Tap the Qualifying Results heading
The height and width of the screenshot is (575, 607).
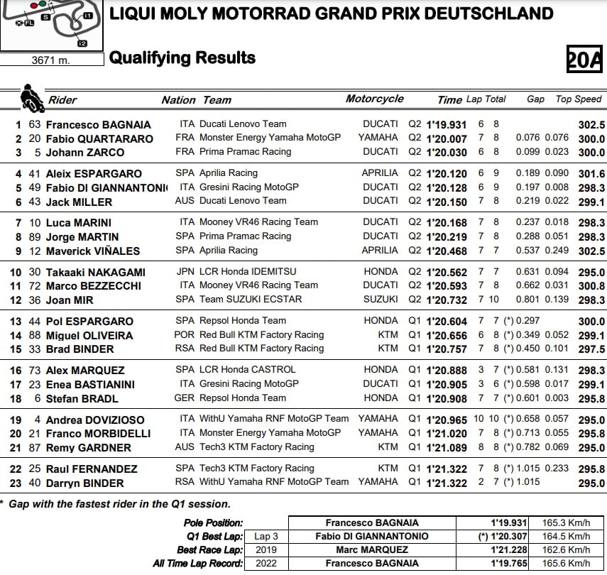tap(182, 58)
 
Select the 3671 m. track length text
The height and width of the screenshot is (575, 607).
tap(51, 60)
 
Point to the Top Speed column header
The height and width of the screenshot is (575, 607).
tap(579, 99)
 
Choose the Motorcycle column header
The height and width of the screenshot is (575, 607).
tap(374, 99)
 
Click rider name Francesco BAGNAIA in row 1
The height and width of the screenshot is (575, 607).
tap(99, 124)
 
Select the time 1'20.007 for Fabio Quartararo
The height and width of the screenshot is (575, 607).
tap(447, 138)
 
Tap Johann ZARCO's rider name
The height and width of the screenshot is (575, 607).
tap(85, 153)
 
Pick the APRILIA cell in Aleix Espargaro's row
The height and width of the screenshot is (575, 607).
tap(380, 173)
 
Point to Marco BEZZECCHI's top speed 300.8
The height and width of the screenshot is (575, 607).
tap(591, 286)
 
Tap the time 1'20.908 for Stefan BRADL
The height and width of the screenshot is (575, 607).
tap(447, 398)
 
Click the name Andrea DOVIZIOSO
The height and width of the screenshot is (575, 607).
tap(95, 420)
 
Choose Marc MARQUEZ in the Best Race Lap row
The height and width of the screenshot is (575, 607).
tap(372, 550)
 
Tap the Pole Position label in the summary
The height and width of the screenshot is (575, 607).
tap(213, 523)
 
